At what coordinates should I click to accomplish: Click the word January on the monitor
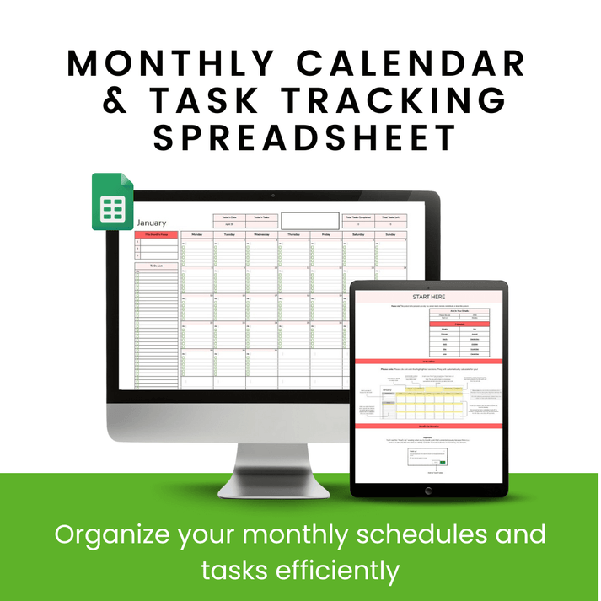(153, 223)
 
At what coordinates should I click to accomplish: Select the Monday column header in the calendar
(196, 234)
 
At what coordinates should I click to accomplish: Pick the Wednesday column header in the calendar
(261, 234)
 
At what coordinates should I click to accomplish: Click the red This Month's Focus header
(157, 234)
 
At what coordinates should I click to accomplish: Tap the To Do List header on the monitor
(157, 266)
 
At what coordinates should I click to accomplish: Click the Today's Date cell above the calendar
(228, 217)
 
